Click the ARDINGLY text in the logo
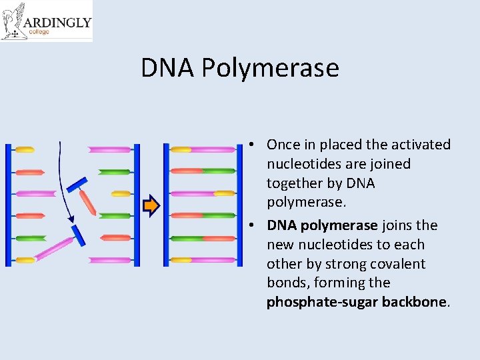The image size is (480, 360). tap(57, 22)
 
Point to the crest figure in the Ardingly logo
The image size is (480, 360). tap(13, 21)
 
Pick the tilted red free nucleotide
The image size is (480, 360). tap(87, 202)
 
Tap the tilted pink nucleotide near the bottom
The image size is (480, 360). tap(54, 248)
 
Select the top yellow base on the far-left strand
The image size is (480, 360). tap(25, 150)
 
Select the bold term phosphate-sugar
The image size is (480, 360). tap(322, 302)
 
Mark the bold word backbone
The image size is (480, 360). tap(414, 302)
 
